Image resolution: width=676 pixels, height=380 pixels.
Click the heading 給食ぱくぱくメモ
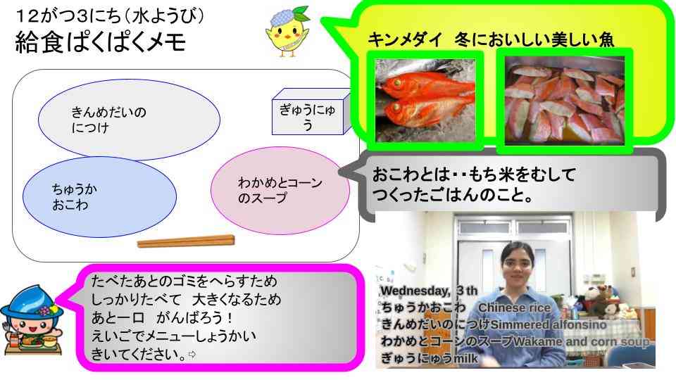coord(101,44)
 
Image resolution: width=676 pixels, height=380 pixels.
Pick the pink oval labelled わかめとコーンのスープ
coord(280,190)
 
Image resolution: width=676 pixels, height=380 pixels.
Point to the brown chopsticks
coord(186,241)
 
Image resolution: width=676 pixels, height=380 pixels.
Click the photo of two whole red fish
coord(425,101)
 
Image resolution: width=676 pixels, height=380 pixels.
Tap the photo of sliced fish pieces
coord(564,101)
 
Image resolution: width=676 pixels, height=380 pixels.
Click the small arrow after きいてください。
coord(191,355)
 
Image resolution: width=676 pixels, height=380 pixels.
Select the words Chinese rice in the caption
coord(513,308)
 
